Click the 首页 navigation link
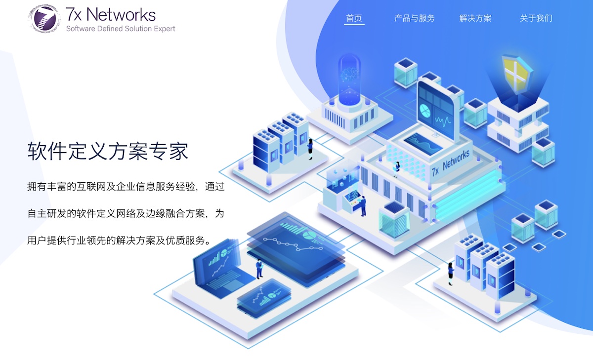click(x=354, y=18)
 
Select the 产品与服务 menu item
click(x=414, y=18)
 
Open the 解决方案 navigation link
click(x=475, y=18)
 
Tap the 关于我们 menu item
click(x=536, y=18)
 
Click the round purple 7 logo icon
click(x=43, y=18)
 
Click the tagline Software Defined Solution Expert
click(x=121, y=29)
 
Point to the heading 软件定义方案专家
click(x=108, y=151)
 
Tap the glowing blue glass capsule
click(x=349, y=79)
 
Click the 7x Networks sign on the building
click(x=451, y=162)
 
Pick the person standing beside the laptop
click(x=259, y=269)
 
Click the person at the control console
click(x=363, y=206)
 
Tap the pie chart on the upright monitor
click(x=425, y=111)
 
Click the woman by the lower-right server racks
click(x=450, y=274)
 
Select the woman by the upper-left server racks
click(x=310, y=149)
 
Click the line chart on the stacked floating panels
click(x=293, y=244)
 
